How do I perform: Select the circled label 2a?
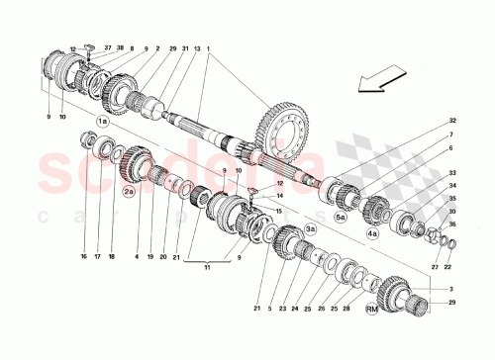coord(129,194)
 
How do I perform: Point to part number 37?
coord(108,47)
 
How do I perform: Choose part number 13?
coord(196,48)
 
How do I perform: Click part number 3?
coord(452,286)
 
